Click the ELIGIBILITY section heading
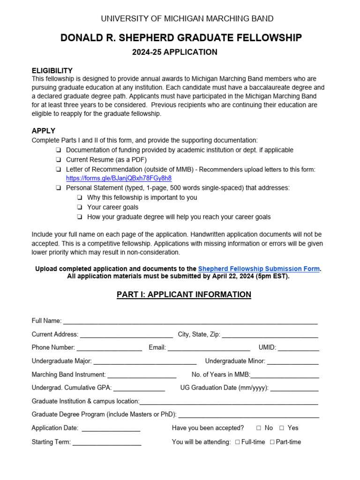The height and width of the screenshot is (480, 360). click(52, 70)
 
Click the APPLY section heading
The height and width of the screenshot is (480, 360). click(44, 131)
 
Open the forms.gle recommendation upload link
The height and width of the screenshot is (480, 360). click(119, 178)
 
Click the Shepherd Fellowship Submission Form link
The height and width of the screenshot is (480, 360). click(259, 269)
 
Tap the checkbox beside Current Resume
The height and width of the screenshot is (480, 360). click(58, 160)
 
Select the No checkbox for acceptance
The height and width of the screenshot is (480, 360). click(259, 428)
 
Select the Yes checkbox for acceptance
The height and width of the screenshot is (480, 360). click(282, 428)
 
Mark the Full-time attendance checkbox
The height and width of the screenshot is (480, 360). click(238, 442)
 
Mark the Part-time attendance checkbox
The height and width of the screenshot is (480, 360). click(272, 442)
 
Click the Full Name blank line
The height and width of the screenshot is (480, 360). click(190, 322)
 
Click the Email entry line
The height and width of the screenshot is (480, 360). click(209, 348)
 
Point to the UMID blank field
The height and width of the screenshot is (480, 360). click(298, 348)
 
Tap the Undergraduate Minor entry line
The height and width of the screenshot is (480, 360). click(292, 362)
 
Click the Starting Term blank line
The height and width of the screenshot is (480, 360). click(106, 442)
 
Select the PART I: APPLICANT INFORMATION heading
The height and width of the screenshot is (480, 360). click(184, 294)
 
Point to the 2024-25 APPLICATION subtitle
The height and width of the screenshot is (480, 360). click(174, 52)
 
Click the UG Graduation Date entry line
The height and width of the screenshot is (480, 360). click(294, 389)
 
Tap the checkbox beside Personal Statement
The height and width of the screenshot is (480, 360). click(58, 188)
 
